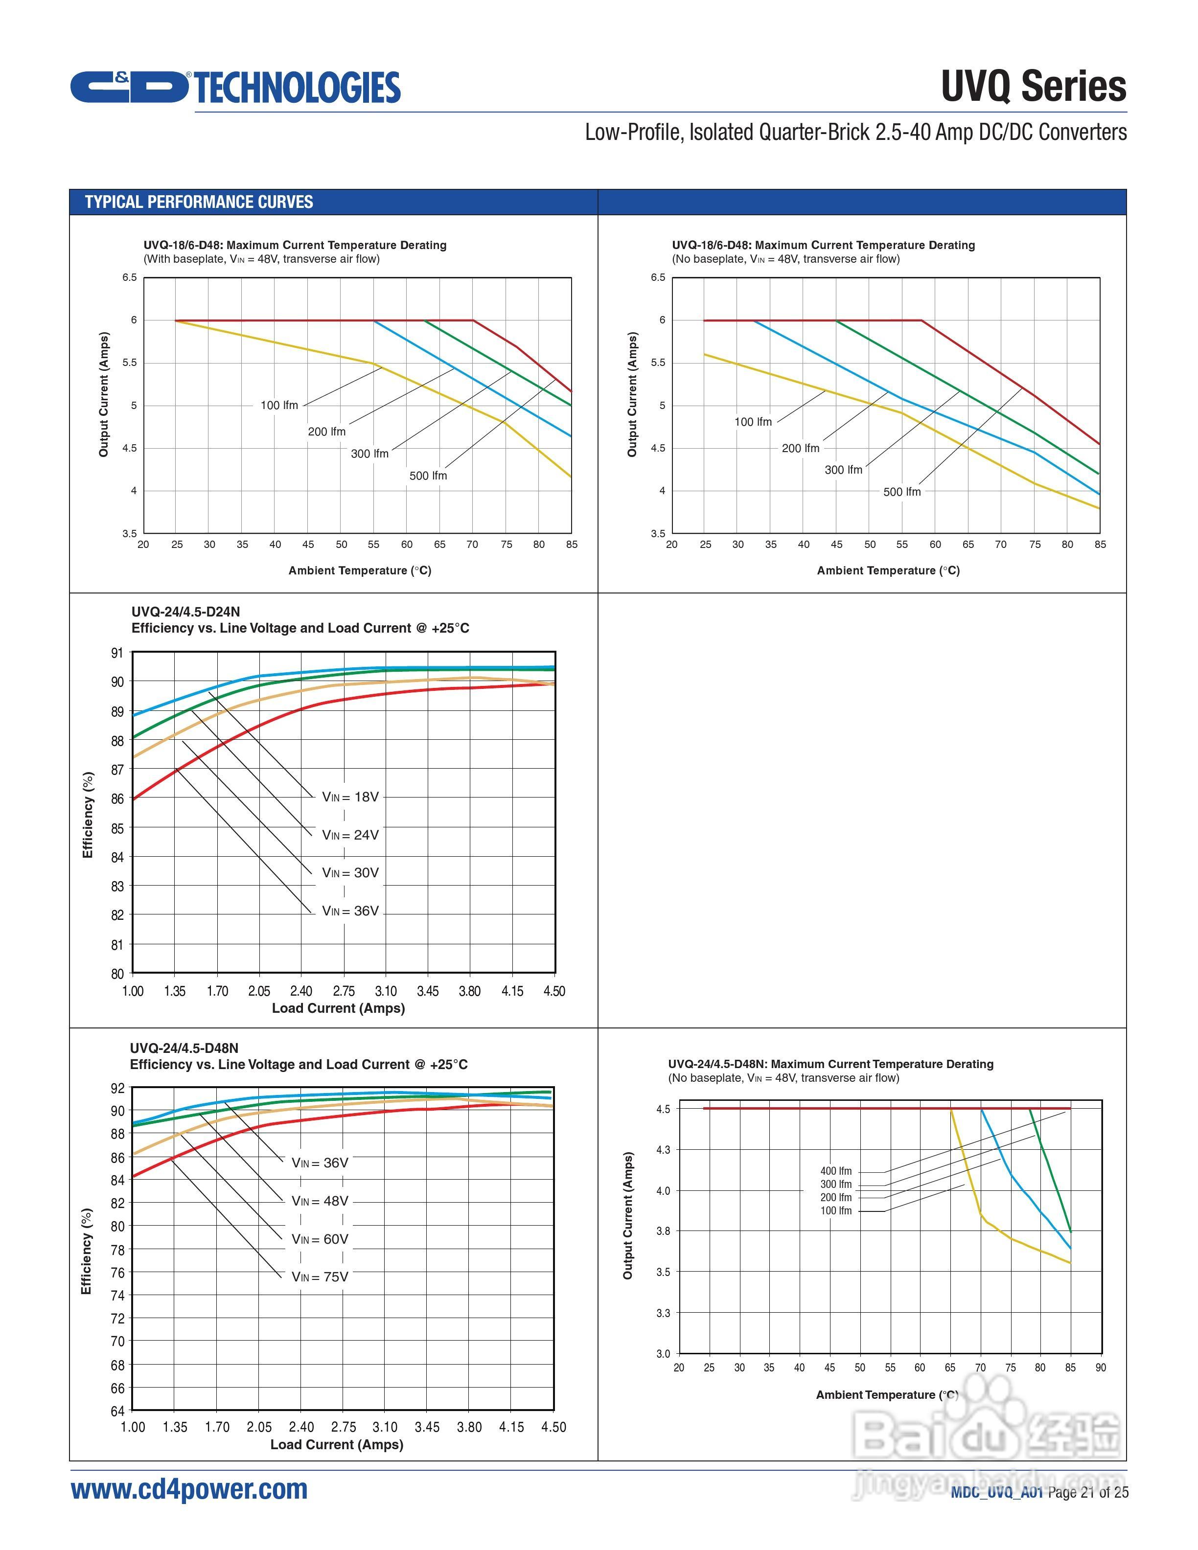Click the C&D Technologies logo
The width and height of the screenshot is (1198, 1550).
(x=234, y=87)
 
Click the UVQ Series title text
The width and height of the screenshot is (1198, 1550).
(x=1034, y=87)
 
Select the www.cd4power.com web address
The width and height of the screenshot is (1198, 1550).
(x=189, y=1489)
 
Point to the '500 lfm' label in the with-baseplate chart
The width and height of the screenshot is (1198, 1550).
(x=428, y=476)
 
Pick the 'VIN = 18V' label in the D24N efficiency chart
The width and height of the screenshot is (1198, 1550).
(x=350, y=797)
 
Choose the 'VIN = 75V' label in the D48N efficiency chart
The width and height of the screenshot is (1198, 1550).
(x=320, y=1277)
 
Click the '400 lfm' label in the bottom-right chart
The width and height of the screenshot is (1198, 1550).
(x=835, y=1171)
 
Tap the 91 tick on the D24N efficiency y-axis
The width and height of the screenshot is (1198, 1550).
(x=117, y=653)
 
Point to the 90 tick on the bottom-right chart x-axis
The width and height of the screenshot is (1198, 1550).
(x=1100, y=1368)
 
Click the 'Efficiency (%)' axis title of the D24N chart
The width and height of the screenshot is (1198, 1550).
(x=88, y=814)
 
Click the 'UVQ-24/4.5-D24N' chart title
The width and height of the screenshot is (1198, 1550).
(x=185, y=612)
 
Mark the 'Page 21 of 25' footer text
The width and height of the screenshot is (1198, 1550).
(x=1087, y=1493)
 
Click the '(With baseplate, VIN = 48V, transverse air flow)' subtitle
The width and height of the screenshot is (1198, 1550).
(x=261, y=259)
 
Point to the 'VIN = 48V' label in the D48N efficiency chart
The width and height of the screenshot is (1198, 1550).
(x=320, y=1201)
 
